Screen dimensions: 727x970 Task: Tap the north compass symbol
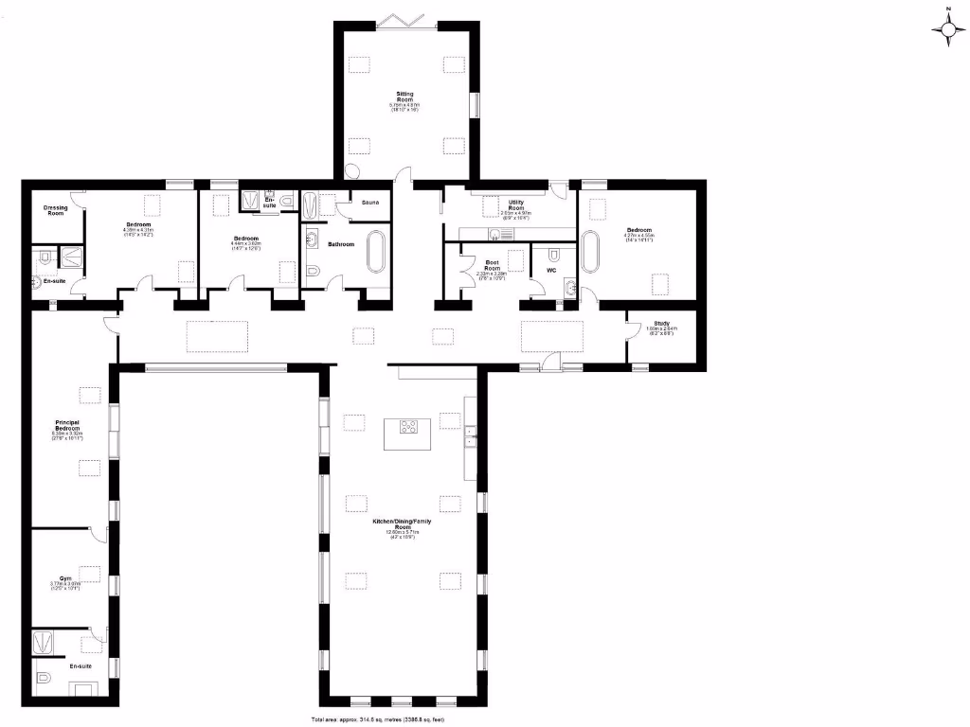[948, 28]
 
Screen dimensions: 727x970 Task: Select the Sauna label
[369, 203]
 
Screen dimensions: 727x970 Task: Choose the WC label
[549, 271]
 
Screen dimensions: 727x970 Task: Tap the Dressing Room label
[56, 210]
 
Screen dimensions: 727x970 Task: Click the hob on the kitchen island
[409, 427]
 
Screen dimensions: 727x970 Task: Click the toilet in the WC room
[554, 256]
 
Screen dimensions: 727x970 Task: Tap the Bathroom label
[341, 244]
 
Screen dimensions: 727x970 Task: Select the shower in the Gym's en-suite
[45, 643]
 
